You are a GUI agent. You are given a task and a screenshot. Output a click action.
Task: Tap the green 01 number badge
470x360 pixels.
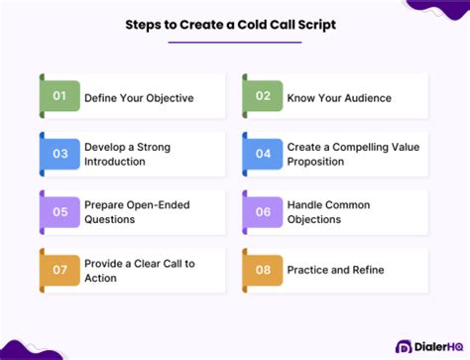59,96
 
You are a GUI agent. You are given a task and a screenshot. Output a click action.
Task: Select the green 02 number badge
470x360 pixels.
263,96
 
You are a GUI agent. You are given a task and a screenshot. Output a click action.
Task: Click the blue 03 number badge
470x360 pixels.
59,154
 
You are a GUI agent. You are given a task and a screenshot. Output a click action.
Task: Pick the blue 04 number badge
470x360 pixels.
263,154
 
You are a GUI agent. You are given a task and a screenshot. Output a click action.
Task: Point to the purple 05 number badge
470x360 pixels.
59,211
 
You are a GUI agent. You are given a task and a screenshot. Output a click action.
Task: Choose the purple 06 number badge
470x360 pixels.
263,211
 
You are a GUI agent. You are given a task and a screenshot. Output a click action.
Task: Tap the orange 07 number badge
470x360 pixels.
59,270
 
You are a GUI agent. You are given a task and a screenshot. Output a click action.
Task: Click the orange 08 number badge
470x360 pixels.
263,270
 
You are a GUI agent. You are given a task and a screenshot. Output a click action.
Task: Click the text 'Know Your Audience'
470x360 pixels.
339,97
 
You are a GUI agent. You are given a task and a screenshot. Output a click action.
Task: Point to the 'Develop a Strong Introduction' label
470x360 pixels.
126,154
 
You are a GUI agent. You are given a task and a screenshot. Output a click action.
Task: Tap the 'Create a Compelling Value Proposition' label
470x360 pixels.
352,154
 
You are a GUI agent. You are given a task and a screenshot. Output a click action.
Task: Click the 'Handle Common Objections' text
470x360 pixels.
328,212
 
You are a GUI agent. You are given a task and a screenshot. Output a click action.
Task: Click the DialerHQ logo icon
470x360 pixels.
406,347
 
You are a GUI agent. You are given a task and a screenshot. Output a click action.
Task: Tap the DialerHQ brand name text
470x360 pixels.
437,347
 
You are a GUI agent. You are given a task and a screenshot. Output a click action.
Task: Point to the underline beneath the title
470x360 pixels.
236,43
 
